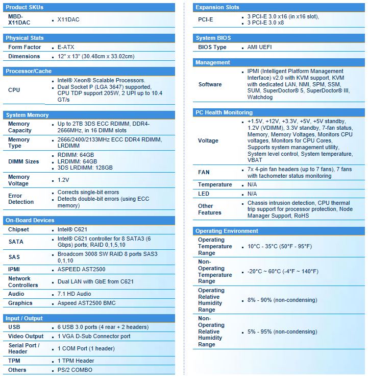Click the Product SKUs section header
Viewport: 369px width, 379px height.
click(24, 7)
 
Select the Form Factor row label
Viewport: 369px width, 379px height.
click(24, 47)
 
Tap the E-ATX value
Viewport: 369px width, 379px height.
click(66, 47)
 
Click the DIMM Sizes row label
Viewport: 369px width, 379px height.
click(23, 161)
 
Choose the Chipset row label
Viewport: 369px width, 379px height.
click(19, 229)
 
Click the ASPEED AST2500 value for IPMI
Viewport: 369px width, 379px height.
click(82, 269)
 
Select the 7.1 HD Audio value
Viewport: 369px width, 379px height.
click(75, 294)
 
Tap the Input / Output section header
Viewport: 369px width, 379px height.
click(24, 318)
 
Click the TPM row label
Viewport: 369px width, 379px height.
click(15, 361)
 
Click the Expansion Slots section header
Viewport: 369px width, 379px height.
click(217, 7)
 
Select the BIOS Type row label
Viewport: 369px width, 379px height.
click(212, 47)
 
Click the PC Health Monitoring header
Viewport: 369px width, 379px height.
click(224, 112)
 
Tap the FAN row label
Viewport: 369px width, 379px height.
click(204, 172)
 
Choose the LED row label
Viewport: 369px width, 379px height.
click(204, 194)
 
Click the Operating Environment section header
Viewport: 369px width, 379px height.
click(228, 231)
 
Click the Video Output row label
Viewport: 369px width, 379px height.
click(26, 336)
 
